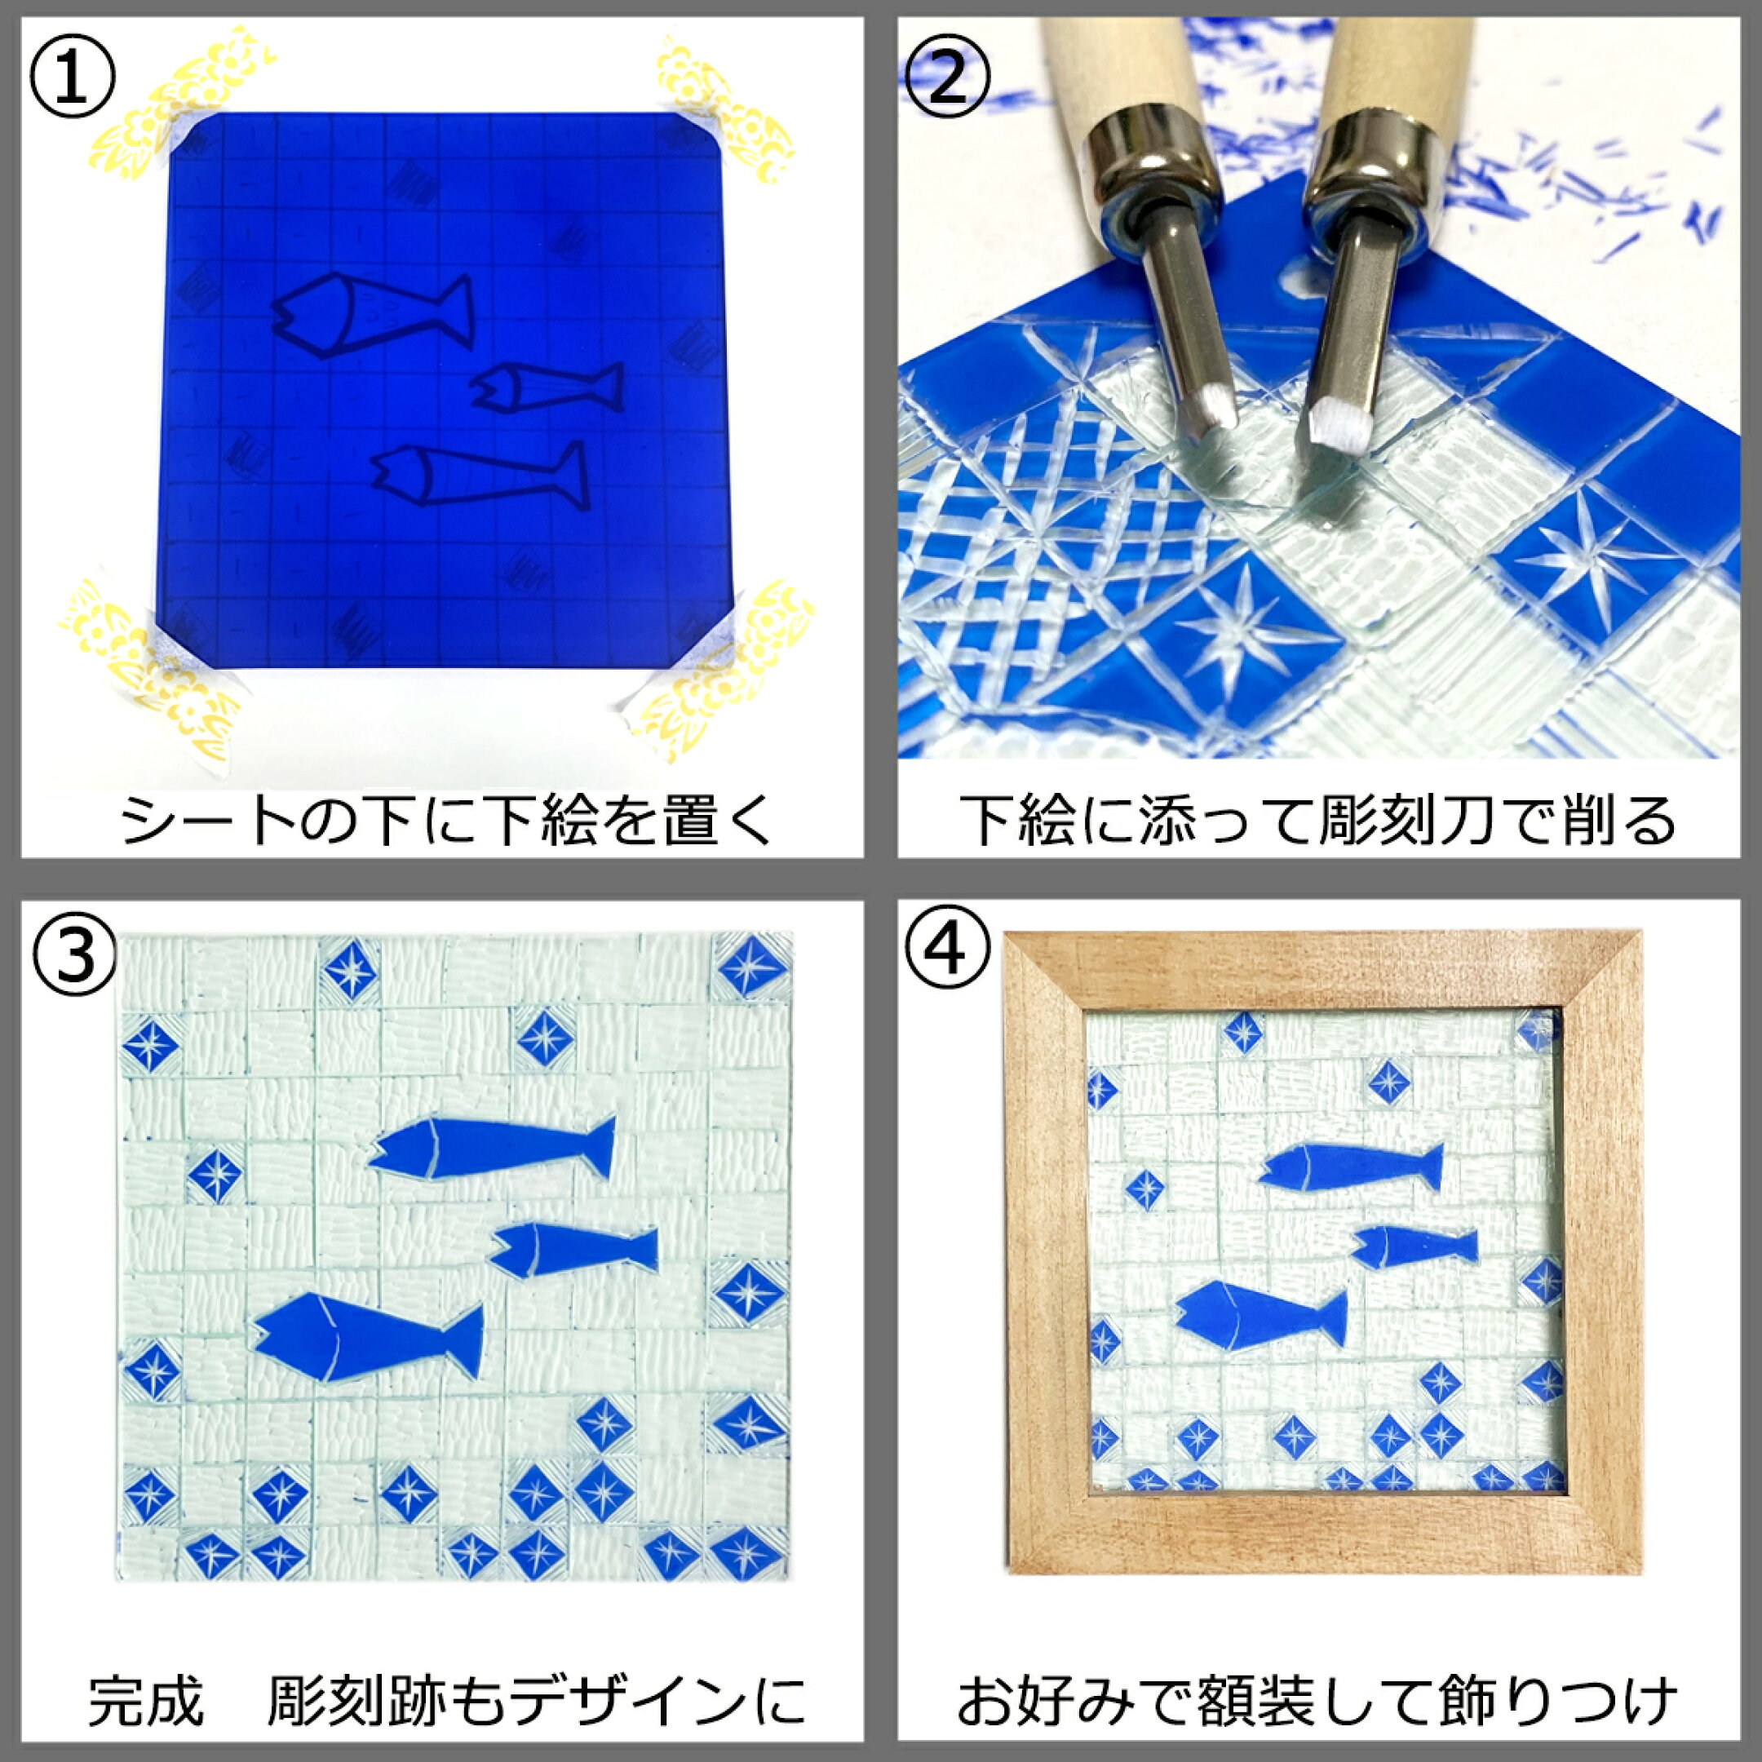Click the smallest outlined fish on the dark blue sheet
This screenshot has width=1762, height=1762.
547,387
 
